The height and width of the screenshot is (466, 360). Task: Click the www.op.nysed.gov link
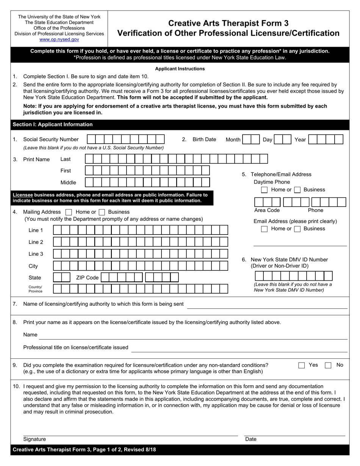59,39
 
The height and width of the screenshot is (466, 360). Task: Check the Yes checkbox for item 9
301,365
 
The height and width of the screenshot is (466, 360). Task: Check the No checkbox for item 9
328,365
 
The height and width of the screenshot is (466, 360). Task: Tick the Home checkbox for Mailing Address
69,212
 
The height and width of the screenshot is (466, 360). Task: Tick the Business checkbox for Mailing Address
102,212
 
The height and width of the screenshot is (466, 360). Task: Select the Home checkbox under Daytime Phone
265,190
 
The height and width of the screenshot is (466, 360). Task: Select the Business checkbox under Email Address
297,229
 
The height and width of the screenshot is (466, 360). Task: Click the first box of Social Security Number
91,139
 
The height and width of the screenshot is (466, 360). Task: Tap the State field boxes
61,277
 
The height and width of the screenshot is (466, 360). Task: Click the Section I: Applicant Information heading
53,125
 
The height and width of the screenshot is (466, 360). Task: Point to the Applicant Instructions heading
180,69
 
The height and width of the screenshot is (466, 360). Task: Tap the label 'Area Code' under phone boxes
267,210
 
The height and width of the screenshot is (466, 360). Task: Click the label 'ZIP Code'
87,278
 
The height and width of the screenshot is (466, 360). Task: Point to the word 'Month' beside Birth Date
233,140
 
